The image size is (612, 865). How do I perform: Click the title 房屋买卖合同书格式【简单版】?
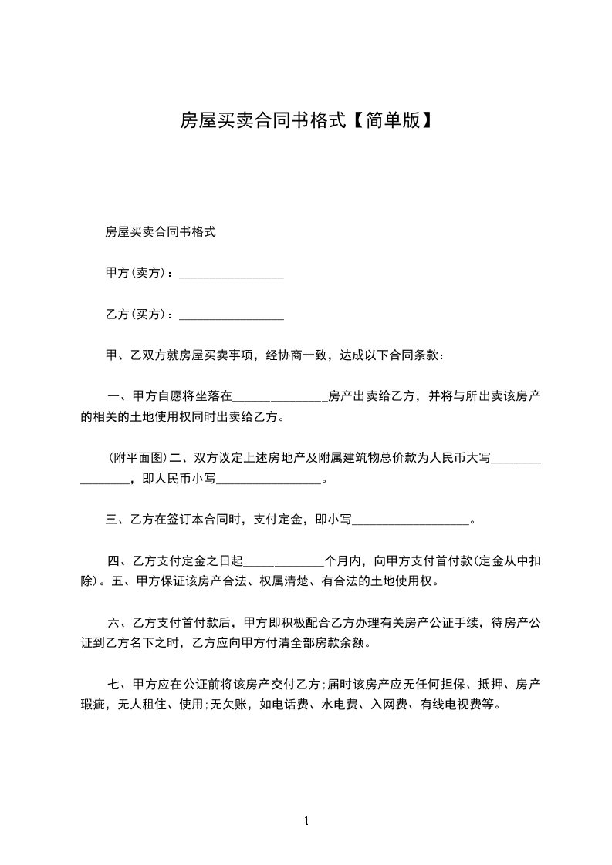pyautogui.click(x=306, y=119)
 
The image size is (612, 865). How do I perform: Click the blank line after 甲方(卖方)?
pyautogui.click(x=232, y=273)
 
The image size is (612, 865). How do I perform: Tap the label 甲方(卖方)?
pyautogui.click(x=136, y=273)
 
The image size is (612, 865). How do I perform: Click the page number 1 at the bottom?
pyautogui.click(x=306, y=821)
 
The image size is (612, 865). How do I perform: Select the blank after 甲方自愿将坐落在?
pyautogui.click(x=279, y=397)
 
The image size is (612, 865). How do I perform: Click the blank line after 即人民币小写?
pyautogui.click(x=269, y=479)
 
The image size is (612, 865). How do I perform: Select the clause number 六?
pyautogui.click(x=114, y=622)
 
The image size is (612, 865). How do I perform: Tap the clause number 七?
pyautogui.click(x=114, y=684)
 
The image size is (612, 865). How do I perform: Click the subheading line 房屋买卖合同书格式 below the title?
pyautogui.click(x=160, y=231)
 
